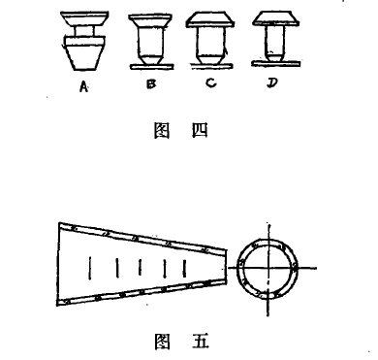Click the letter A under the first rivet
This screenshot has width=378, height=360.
tap(83, 86)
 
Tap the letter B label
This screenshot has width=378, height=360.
tap(151, 84)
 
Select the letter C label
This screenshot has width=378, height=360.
tap(210, 83)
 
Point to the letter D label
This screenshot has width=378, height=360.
tap(272, 83)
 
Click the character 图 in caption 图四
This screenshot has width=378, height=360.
tap(162, 131)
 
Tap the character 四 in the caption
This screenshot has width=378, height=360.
tap(200, 131)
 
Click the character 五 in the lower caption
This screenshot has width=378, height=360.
tap(201, 341)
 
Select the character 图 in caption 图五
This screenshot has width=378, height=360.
tap(163, 341)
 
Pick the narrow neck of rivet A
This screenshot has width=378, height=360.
tap(84, 31)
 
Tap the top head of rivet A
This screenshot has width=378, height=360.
tap(84, 19)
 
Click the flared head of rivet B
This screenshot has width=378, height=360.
tap(150, 20)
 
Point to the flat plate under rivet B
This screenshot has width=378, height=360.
tap(152, 66)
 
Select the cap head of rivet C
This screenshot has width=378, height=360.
tap(210, 19)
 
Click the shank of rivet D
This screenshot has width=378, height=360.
tap(275, 42)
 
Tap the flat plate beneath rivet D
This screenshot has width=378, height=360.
tap(276, 63)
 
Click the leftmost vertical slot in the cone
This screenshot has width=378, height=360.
tap(90, 268)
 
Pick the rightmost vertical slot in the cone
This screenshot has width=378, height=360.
tap(184, 269)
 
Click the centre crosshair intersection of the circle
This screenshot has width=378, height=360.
tap(268, 268)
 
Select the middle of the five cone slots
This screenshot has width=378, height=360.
tap(140, 267)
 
